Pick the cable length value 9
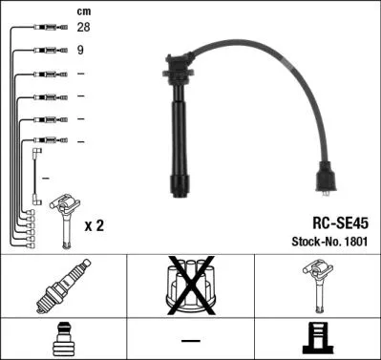(x=79, y=51)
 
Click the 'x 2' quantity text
(x=95, y=225)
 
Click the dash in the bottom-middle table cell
(x=191, y=340)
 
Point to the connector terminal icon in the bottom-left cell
(x=63, y=338)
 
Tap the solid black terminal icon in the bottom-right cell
(x=318, y=338)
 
